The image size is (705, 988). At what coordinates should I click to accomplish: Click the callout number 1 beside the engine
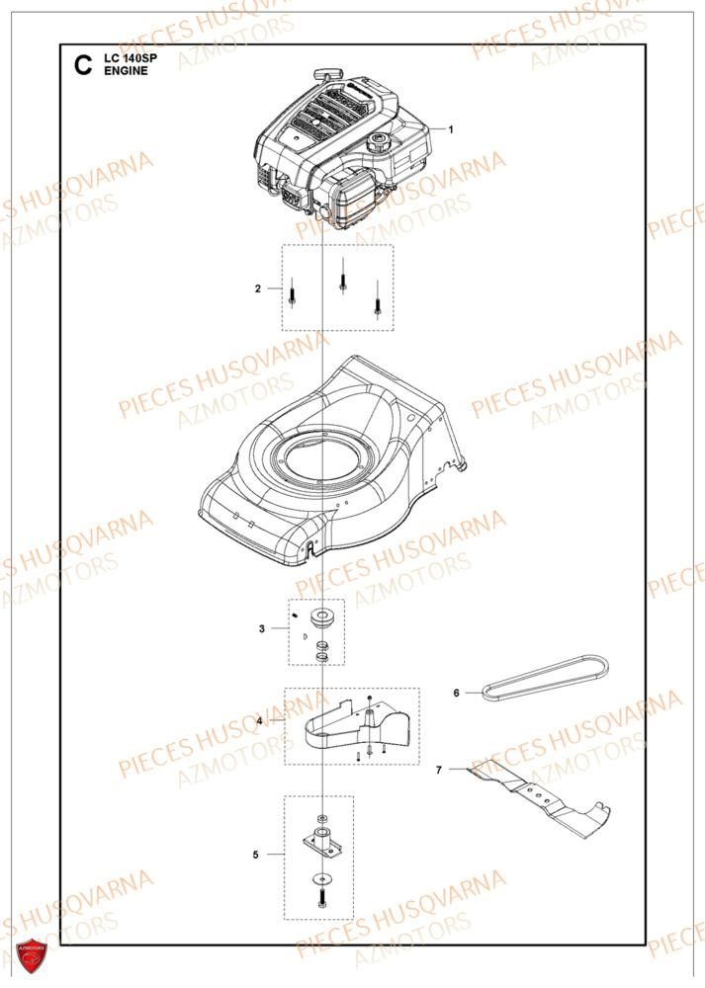coord(451,129)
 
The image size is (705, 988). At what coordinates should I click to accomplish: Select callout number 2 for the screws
coord(258,288)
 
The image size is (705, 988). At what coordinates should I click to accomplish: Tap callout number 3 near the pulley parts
coord(261,627)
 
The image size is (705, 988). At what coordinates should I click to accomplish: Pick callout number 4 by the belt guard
coord(259,721)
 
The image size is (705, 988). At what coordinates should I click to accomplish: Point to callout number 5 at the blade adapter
coord(255,855)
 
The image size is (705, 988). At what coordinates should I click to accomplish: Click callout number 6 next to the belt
coord(457,693)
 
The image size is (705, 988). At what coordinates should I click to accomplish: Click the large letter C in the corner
coord(83,67)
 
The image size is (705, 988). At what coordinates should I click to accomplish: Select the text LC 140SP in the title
coord(131,60)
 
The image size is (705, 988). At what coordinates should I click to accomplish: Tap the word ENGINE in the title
coord(126,73)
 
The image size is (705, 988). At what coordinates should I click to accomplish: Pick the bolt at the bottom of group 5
coord(323,900)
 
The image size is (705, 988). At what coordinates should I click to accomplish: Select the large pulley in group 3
coord(322,618)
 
